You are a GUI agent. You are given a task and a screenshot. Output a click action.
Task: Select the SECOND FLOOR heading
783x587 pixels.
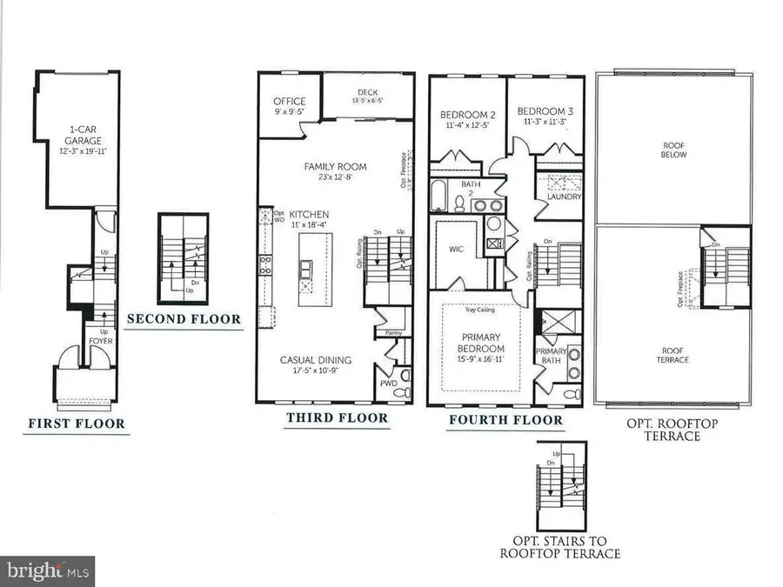184,319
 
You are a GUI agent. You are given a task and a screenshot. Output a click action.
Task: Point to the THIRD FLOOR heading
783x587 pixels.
337,418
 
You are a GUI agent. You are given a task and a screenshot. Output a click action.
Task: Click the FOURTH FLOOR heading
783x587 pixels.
505,420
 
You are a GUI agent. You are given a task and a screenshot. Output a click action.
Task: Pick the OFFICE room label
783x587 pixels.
290,101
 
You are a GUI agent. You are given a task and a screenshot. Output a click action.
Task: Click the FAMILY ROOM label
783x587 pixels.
335,166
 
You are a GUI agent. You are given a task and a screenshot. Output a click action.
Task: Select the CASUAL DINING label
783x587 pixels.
316,360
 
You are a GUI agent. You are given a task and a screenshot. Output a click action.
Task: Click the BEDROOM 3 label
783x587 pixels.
544,111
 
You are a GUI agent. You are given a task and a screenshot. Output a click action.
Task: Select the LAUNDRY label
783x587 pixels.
564,197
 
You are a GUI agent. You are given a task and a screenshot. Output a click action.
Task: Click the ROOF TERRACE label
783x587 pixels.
673,354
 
